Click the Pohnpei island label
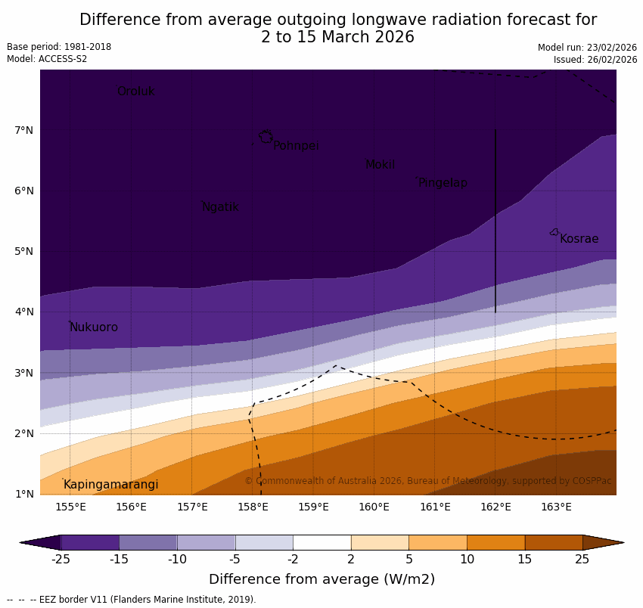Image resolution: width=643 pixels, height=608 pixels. [296, 146]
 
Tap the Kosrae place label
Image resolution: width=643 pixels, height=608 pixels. [579, 239]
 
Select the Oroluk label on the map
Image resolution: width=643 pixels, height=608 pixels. [135, 92]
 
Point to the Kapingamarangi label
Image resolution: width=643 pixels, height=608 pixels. [110, 485]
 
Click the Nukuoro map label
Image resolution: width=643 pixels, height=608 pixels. [94, 327]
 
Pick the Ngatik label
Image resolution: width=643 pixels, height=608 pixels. [220, 207]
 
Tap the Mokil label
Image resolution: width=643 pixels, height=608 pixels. [380, 165]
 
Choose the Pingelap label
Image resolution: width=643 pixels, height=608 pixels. [443, 183]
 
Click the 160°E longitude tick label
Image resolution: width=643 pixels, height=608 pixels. [374, 507]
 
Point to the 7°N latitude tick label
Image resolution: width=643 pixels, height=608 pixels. [23, 130]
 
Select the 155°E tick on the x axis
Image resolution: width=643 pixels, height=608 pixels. [70, 507]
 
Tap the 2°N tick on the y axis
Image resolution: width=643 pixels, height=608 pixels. [23, 433]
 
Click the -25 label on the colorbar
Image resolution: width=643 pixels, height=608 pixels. [61, 560]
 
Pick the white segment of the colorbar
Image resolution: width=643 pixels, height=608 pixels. [321, 542]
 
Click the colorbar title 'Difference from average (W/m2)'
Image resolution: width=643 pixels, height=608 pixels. [321, 580]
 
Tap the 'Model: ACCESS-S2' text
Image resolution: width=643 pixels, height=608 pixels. [47, 59]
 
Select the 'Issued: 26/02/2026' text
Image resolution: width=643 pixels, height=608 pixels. [595, 60]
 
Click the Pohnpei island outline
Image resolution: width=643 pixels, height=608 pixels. [266, 137]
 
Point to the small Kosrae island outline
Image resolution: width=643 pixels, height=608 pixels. [554, 232]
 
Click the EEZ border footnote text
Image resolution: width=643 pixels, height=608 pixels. [132, 600]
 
